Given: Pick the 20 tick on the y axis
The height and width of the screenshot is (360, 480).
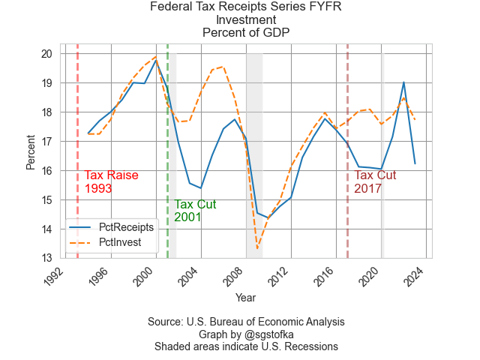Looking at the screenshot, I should pos(46,54).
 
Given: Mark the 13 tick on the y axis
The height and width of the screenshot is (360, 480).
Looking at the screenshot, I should pos(46,259).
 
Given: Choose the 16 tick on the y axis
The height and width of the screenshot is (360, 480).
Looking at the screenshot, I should pos(46,171).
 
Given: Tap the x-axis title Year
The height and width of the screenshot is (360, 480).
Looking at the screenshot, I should pos(245,298).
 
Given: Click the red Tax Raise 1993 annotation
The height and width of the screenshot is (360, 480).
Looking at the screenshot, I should pos(111,182).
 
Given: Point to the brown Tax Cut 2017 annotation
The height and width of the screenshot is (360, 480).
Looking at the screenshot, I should pos(375,182).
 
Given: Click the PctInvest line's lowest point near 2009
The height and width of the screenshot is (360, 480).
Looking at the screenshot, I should pos(257,249).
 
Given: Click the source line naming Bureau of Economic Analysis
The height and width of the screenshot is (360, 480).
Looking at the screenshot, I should pos(245,322).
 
